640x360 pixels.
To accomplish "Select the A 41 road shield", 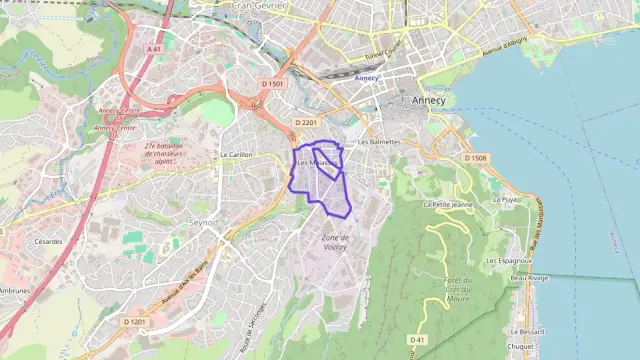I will (153, 48).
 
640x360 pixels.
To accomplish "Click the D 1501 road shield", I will (273, 84).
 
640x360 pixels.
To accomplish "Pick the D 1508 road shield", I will (475, 158).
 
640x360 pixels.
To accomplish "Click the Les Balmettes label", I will (379, 142).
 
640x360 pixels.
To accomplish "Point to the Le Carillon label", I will (237, 155).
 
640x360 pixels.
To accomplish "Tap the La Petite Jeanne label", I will (447, 204).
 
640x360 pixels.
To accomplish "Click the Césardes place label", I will (48, 241).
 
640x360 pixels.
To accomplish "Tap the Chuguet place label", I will (522, 346).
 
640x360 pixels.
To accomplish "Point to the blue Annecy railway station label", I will (366, 78).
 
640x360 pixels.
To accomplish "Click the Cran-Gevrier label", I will (259, 5).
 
